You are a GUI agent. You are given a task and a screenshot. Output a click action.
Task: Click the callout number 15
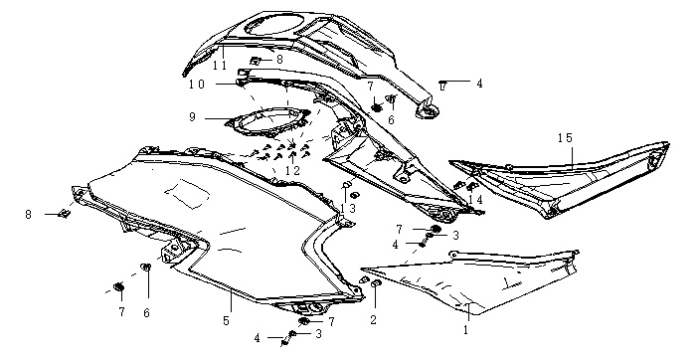click(565, 138)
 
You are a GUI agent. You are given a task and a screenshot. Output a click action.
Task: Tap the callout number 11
click(220, 66)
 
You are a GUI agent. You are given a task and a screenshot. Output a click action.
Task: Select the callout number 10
click(196, 85)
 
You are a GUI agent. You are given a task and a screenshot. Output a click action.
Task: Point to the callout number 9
click(192, 117)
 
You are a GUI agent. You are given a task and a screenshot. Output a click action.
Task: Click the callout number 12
click(292, 169)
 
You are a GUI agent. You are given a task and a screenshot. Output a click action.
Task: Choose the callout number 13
click(348, 208)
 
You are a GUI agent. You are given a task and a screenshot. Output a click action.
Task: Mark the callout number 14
click(476, 200)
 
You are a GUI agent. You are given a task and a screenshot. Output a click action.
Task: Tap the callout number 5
click(226, 320)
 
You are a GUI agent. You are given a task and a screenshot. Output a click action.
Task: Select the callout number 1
click(466, 330)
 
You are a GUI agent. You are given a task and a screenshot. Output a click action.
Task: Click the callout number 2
click(373, 319)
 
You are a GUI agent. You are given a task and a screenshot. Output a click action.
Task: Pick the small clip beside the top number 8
click(256, 61)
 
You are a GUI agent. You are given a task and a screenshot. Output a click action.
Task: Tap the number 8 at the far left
click(29, 215)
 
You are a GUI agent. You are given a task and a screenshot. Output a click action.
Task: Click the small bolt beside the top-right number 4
click(442, 85)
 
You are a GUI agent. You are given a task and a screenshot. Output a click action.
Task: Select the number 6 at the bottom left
click(146, 313)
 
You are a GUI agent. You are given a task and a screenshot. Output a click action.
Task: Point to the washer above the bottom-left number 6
click(145, 267)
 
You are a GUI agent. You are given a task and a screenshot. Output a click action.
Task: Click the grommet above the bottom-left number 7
click(118, 286)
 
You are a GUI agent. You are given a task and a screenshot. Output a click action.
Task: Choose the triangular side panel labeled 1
click(472, 279)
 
